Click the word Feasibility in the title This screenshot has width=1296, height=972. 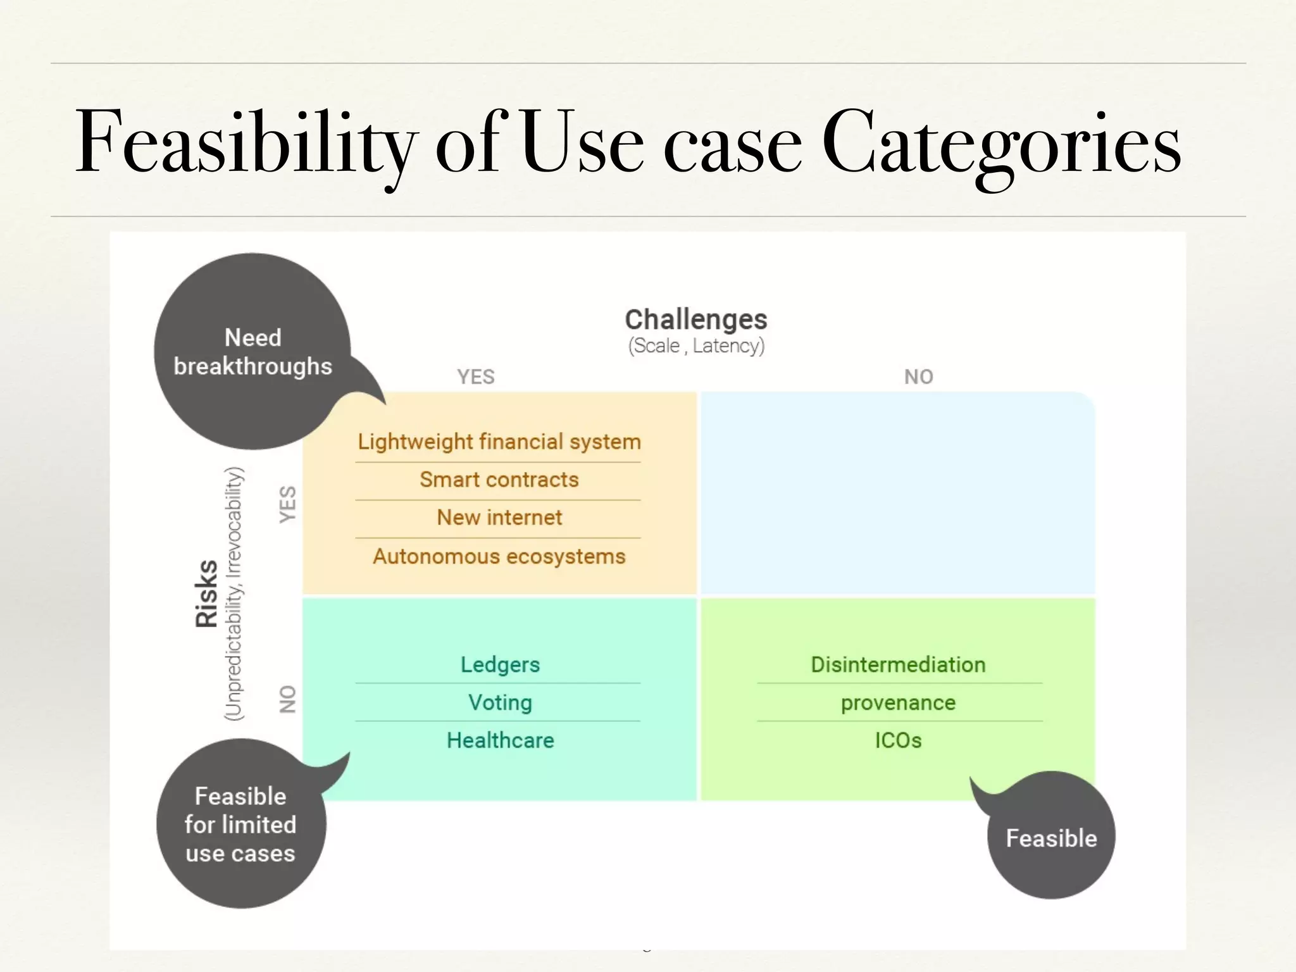(x=247, y=142)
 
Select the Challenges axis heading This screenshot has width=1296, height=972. (x=695, y=320)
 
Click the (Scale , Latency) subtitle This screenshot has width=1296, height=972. (x=696, y=346)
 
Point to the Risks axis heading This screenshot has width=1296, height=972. (x=207, y=593)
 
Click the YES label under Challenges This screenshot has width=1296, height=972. (x=476, y=377)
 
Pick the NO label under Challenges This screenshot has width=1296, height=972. (x=918, y=377)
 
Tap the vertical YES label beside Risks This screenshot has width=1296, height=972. (x=288, y=504)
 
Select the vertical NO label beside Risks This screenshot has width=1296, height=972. (x=288, y=699)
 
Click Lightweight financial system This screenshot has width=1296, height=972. (x=499, y=442)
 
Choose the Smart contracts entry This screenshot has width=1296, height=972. (x=499, y=480)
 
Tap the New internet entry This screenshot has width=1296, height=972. (x=499, y=518)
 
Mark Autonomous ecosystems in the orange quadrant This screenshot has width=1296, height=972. (x=499, y=556)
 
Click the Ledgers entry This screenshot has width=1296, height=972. (x=500, y=664)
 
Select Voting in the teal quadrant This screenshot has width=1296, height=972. (x=500, y=702)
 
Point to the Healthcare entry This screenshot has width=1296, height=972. (x=500, y=740)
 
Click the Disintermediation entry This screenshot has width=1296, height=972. (x=898, y=664)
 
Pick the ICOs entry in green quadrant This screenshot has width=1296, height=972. (x=898, y=740)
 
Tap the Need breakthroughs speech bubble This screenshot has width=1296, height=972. (x=252, y=352)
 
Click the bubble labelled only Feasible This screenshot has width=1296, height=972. (x=1051, y=838)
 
